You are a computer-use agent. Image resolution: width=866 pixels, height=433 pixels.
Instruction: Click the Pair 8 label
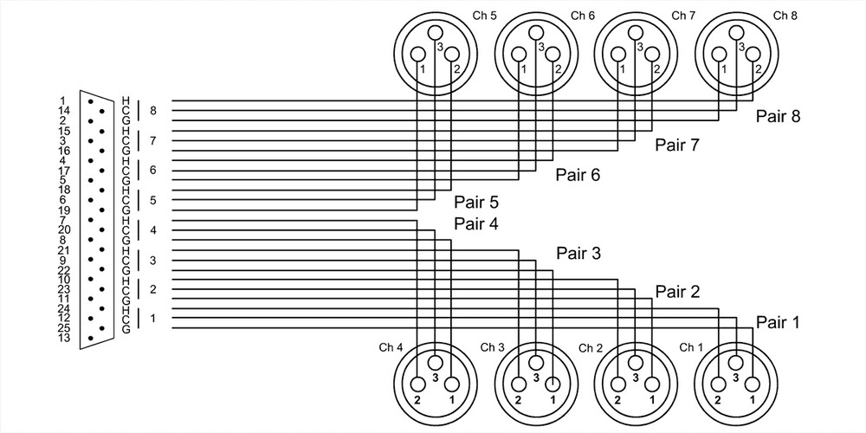point(777,116)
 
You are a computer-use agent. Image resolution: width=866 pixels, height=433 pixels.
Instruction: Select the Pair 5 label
point(476,204)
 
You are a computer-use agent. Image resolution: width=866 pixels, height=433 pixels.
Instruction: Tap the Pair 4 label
point(476,224)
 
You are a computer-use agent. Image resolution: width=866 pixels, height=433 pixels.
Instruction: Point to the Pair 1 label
point(777,322)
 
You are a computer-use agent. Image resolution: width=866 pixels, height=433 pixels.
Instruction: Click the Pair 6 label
point(578,175)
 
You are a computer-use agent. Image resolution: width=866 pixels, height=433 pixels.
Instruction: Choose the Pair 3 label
point(578,254)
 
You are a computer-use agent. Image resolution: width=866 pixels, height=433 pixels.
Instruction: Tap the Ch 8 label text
point(785,16)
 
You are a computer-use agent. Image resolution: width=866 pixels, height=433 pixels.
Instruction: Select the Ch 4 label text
point(391,347)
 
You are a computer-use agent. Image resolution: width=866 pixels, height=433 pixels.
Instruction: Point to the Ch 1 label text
point(691,347)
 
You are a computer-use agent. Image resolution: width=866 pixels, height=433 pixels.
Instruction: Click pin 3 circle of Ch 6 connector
point(536,33)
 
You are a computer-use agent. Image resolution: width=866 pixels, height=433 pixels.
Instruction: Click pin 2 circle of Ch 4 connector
point(418,385)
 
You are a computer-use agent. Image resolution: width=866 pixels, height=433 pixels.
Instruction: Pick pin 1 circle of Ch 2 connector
point(651,385)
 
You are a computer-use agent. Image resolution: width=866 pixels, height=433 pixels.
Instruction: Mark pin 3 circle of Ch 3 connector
point(536,364)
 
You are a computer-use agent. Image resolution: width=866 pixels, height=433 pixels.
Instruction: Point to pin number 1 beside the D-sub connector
point(62,100)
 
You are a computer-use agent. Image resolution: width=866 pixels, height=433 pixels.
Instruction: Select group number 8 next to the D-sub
point(153,111)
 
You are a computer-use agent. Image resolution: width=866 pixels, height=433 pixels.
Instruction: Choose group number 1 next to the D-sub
point(153,319)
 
